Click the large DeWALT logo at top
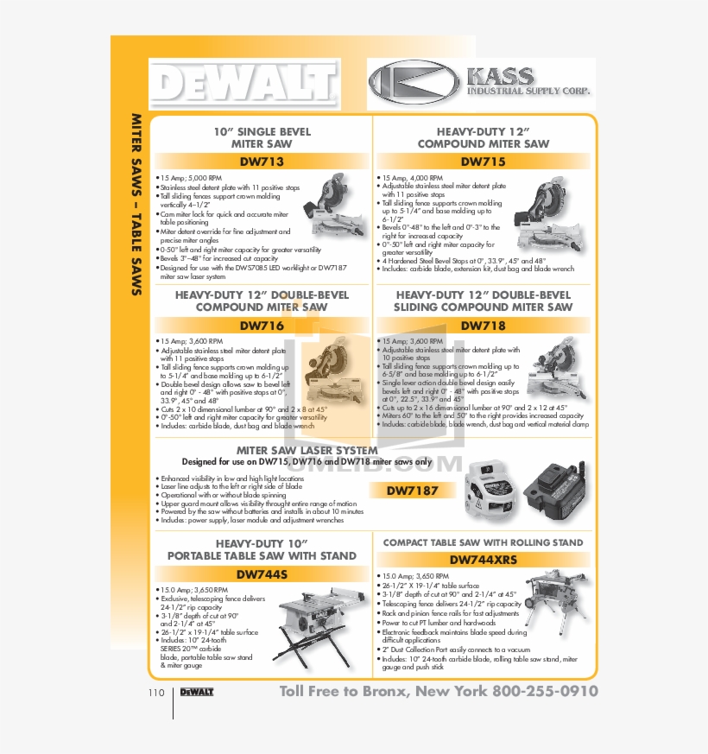tap(244, 84)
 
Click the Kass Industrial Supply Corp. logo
tap(480, 85)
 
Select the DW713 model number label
tap(262, 162)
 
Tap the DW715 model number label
tap(483, 162)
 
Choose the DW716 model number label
tap(262, 326)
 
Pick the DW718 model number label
tap(483, 326)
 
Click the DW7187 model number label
tap(413, 491)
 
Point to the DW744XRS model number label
tap(483, 560)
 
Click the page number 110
tap(155, 693)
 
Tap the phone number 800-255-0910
tap(545, 692)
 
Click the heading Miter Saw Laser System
tap(307, 450)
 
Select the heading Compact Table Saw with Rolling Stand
tap(483, 543)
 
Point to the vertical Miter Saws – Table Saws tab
tap(136, 205)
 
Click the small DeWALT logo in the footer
tap(196, 693)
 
